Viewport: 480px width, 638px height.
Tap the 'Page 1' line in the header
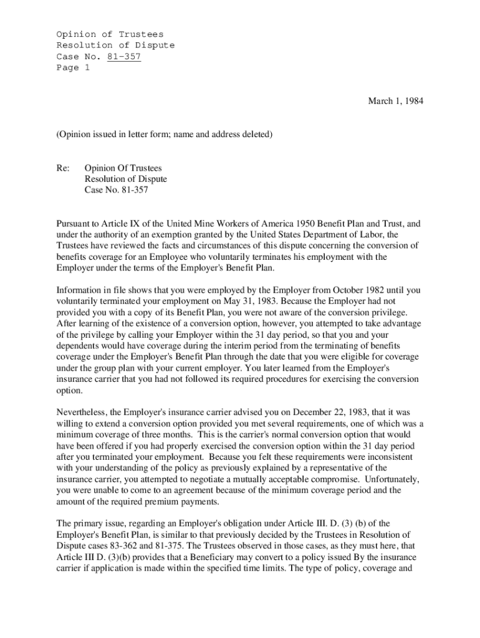(x=73, y=68)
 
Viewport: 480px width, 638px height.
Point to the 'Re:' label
(x=63, y=168)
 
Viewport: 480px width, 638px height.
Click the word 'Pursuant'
(x=75, y=223)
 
